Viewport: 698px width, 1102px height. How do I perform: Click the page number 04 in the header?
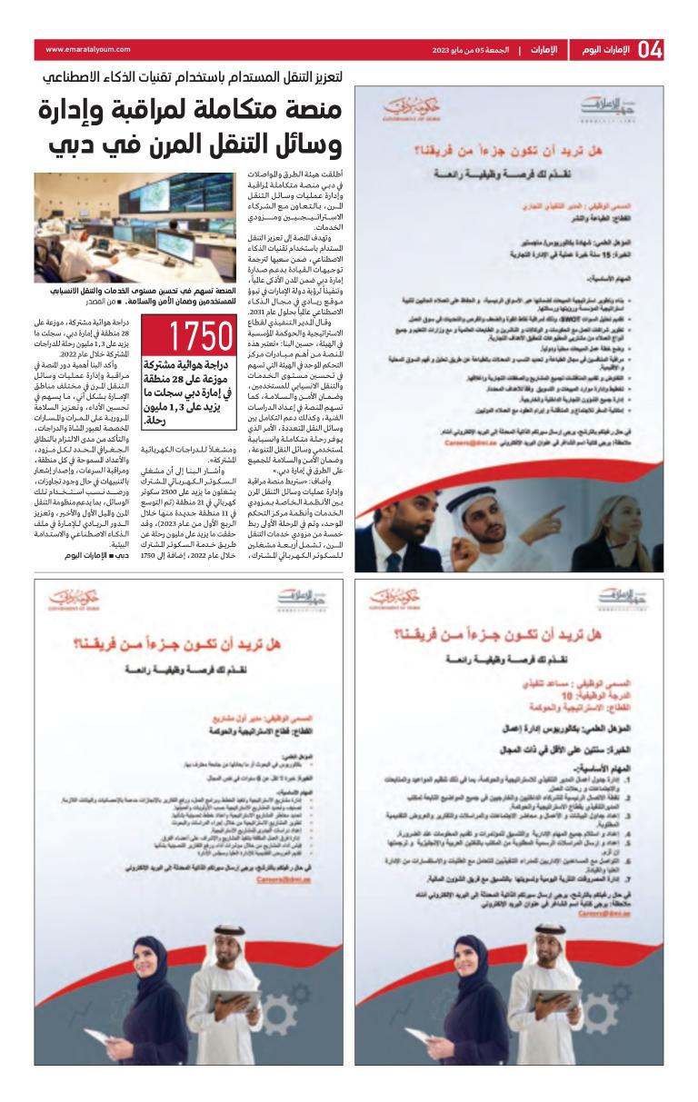650,50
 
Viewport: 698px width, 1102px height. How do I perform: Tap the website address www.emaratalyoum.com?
88,50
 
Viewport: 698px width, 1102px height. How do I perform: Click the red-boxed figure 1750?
188,336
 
